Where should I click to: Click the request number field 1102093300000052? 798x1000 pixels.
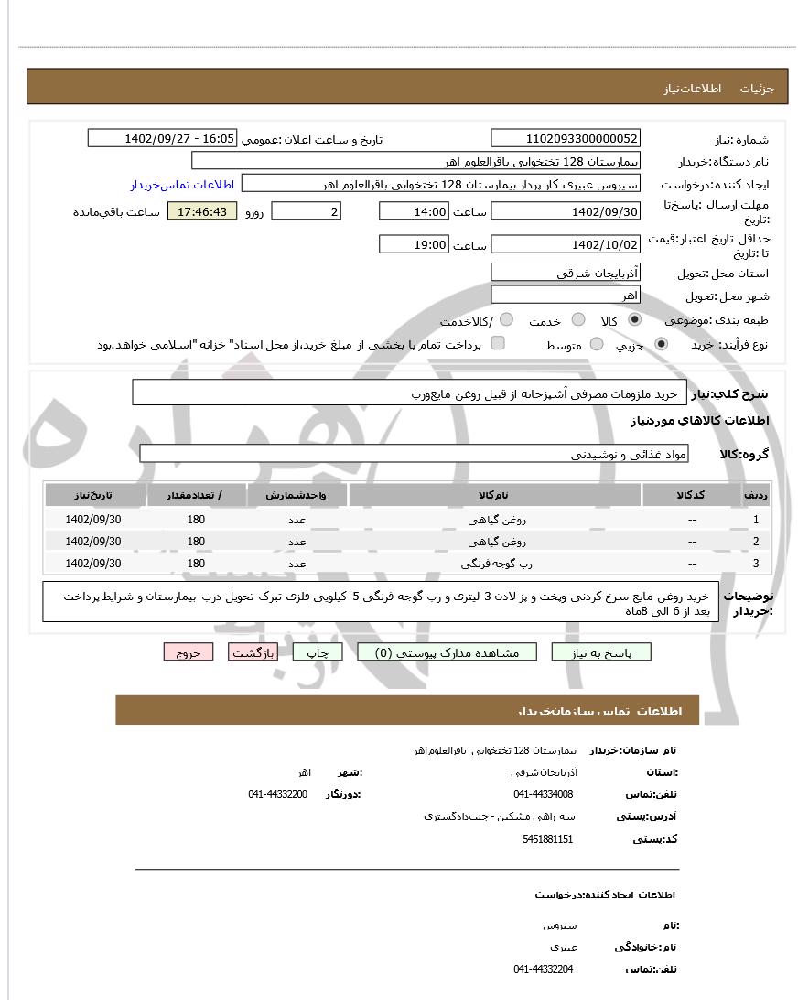pyautogui.click(x=566, y=139)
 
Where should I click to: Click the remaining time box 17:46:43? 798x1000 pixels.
pyautogui.click(x=202, y=212)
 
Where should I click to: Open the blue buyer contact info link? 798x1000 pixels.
pyautogui.click(x=182, y=185)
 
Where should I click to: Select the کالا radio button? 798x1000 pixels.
pyautogui.click(x=634, y=320)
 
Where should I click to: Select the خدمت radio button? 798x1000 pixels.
pyautogui.click(x=578, y=320)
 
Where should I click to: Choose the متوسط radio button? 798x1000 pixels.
pyautogui.click(x=597, y=344)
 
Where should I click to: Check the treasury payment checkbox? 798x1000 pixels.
pyautogui.click(x=498, y=344)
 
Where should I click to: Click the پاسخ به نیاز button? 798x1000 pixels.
pyautogui.click(x=601, y=652)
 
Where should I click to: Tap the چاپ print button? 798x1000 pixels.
pyautogui.click(x=317, y=652)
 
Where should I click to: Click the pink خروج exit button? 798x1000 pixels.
pyautogui.click(x=189, y=652)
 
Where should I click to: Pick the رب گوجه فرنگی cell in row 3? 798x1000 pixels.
pyautogui.click(x=493, y=564)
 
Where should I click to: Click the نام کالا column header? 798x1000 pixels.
pyautogui.click(x=493, y=495)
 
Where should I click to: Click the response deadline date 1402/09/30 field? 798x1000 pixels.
pyautogui.click(x=566, y=212)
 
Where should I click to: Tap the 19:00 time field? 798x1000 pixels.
pyautogui.click(x=413, y=245)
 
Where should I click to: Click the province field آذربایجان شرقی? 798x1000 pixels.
pyautogui.click(x=566, y=273)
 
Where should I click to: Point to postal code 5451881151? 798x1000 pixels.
pyautogui.click(x=548, y=839)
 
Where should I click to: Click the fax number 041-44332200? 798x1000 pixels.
pyautogui.click(x=277, y=794)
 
